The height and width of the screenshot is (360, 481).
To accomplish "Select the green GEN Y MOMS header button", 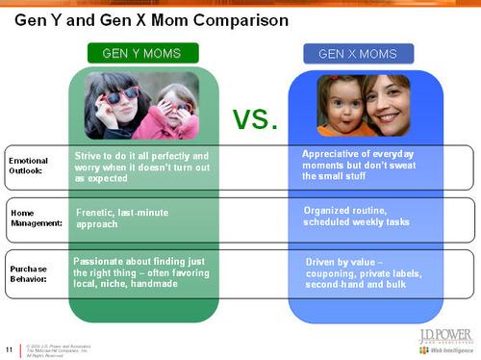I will pos(144,53).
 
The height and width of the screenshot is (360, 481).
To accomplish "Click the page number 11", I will pos(10,347).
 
